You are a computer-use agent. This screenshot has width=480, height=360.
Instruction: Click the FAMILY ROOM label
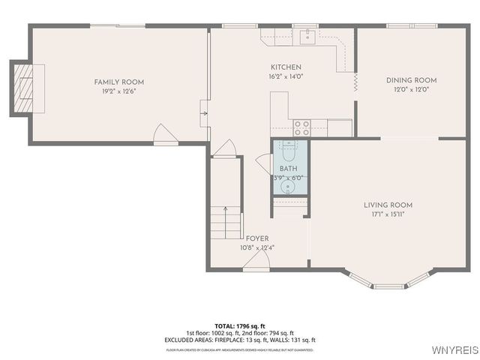[118, 82]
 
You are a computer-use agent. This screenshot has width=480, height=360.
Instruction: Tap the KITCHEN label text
[286, 67]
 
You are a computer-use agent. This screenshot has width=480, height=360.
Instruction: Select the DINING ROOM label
[411, 80]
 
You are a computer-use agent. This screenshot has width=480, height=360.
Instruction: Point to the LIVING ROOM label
[388, 205]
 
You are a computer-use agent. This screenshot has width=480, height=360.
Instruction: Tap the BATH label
[288, 169]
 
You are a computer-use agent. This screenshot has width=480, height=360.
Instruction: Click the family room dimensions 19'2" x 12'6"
[118, 91]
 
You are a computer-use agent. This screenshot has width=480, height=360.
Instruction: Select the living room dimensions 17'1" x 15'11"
[388, 214]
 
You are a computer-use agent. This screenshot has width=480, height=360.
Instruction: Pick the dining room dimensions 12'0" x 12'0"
[411, 90]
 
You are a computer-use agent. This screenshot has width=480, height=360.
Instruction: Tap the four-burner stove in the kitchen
[301, 127]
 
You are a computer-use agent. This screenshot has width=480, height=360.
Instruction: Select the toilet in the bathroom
[289, 149]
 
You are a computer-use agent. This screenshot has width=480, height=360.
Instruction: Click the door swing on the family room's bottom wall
[163, 135]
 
